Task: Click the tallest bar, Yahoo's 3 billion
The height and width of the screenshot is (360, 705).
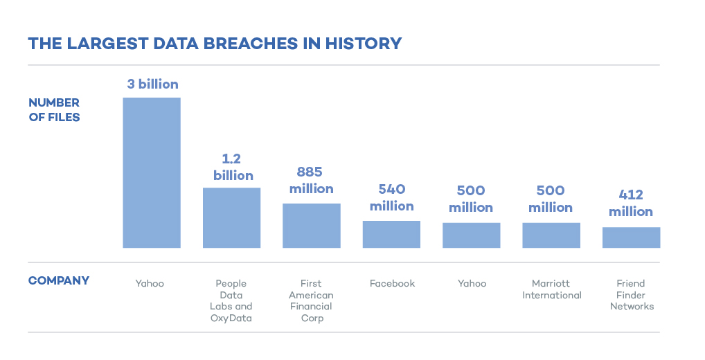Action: pos(152,172)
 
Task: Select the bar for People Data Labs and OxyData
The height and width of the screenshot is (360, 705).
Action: pos(231,217)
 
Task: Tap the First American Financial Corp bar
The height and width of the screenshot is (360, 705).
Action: pos(311,226)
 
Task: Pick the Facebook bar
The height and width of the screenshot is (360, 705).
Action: pos(391,234)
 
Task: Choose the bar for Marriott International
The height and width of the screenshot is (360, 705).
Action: pos(551,235)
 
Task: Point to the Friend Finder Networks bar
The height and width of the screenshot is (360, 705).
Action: pos(631,237)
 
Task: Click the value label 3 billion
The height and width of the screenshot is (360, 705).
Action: pos(152,84)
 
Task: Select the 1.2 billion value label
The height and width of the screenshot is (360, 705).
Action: pos(233,167)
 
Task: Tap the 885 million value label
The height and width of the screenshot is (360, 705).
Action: pos(311,180)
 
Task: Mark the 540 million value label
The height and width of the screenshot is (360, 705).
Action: pos(391,197)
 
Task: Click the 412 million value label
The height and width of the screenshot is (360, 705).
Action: pos(631,204)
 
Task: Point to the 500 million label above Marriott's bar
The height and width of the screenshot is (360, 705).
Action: pos(551,199)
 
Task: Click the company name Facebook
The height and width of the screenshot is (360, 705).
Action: pos(392,283)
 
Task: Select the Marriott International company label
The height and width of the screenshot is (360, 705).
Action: pos(551,289)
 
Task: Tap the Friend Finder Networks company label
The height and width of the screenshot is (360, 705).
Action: pos(631,295)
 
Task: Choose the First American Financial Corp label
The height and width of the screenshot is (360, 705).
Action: pos(311,300)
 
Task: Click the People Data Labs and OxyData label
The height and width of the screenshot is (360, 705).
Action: pos(231,300)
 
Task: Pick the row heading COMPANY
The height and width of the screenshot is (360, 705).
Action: pos(59,281)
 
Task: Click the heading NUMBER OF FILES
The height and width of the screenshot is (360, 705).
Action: pos(54,110)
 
